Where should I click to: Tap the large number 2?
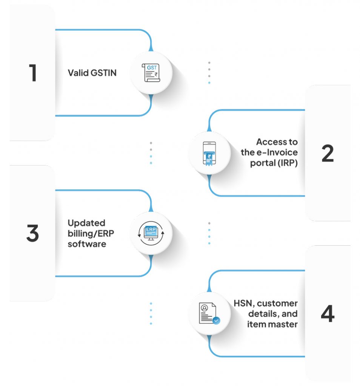pos(328,153)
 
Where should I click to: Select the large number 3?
pos(33,234)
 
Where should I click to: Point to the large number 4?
pos(328,314)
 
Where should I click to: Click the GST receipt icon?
pos(151,73)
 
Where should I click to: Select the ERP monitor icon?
pos(151,233)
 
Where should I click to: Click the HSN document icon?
pos(208,314)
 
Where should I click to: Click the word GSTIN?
pos(104,73)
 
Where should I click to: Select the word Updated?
pos(86,223)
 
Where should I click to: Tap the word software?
pos(87,244)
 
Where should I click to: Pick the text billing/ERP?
pos(91,233)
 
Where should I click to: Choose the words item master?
pos(272,324)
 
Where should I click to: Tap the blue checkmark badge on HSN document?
pos(216,321)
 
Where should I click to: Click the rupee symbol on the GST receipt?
pos(156,75)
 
